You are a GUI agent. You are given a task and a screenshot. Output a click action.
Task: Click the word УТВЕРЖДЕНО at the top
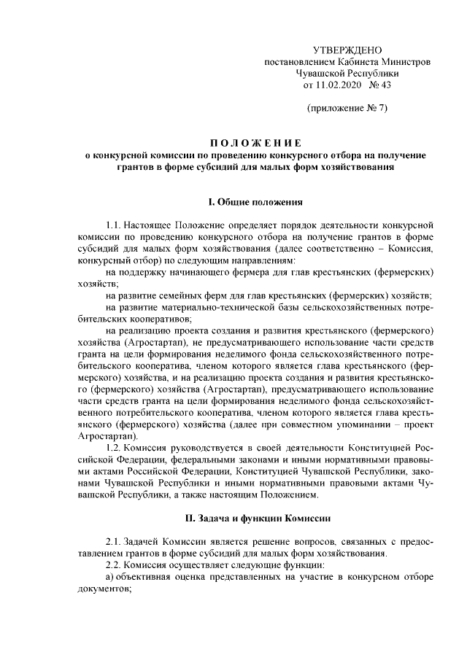click(x=347, y=50)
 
